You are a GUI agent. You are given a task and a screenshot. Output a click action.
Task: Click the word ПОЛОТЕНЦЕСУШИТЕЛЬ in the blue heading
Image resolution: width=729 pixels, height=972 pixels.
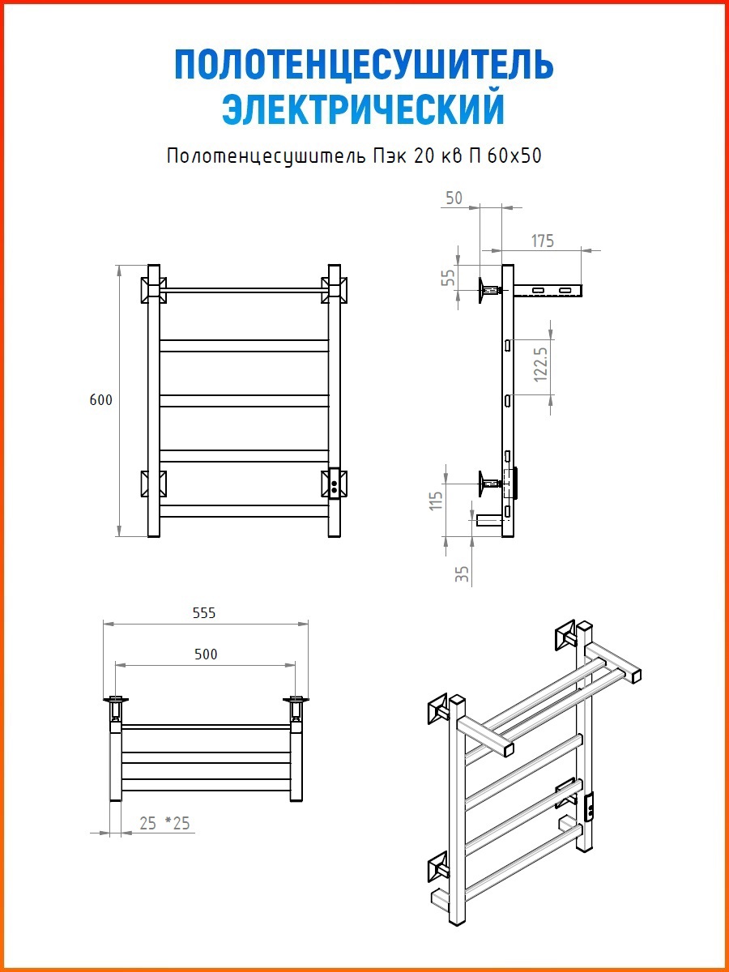pos(364,65)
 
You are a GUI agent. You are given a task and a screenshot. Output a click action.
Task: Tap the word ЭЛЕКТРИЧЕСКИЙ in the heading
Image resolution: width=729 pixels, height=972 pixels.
pos(364,109)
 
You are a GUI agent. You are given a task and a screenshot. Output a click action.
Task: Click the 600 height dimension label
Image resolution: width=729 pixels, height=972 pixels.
pos(101,400)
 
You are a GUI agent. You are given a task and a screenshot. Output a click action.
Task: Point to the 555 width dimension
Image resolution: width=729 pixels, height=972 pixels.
pos(204,613)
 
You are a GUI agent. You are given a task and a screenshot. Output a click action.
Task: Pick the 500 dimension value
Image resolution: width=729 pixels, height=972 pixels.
pos(206,654)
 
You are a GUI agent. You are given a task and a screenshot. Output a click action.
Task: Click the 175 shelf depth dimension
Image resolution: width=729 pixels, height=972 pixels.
pos(542,241)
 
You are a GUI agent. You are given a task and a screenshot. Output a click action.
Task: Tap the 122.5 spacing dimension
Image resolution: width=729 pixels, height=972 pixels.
pos(541,364)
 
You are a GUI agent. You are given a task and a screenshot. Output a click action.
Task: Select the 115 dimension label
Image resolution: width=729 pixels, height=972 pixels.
pos(436,501)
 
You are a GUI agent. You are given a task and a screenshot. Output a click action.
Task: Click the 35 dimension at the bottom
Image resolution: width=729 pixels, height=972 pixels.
pos(462,574)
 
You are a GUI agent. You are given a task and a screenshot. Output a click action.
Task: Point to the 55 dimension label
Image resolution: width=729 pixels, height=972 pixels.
pos(449,278)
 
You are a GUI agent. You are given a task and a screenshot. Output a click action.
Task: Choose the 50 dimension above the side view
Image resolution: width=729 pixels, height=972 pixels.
pos(454,198)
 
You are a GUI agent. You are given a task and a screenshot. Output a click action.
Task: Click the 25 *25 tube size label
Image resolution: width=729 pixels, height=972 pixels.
pos(164,823)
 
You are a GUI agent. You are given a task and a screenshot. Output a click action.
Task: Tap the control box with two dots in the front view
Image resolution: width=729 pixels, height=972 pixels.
pos(335,484)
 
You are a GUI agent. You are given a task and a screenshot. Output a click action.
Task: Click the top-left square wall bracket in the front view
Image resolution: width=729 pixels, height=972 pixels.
pos(154,290)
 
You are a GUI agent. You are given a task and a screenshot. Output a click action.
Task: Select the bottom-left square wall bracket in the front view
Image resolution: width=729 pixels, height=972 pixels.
pos(154,483)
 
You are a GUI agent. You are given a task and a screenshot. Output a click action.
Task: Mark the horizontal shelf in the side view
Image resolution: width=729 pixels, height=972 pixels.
pos(548,291)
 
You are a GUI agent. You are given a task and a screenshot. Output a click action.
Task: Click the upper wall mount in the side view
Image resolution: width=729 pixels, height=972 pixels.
pos(489,291)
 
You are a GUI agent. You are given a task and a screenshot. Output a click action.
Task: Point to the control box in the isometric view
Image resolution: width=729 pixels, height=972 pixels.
pos(589,808)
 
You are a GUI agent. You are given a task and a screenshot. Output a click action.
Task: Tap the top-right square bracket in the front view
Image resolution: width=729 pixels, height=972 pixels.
pos(335,290)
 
